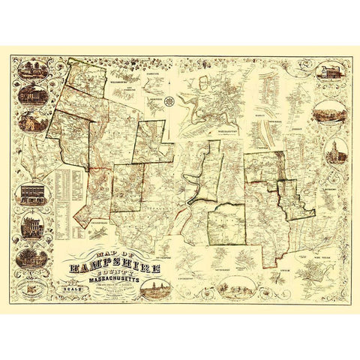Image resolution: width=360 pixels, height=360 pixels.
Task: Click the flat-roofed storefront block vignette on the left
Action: pos(31,196)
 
